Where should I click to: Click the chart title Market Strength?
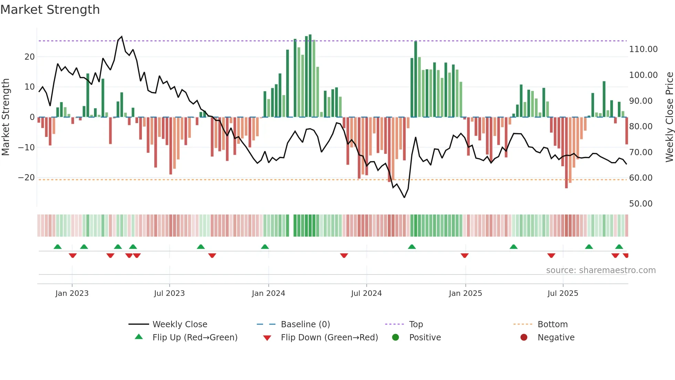(x=50, y=10)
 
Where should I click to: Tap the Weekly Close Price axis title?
(x=669, y=117)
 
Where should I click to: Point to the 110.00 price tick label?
(x=643, y=49)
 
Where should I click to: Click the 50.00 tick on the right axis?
(x=641, y=204)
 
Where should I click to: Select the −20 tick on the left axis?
(x=27, y=178)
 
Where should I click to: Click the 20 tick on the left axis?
(x=30, y=57)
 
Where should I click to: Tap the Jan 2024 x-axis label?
(x=268, y=293)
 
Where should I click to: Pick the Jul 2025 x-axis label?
(x=563, y=293)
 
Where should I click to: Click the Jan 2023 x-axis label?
(x=72, y=293)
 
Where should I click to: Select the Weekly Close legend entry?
(x=179, y=324)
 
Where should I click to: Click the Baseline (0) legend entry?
(x=305, y=324)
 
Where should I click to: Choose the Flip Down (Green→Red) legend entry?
(x=329, y=338)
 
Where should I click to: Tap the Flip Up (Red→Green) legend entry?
(x=195, y=338)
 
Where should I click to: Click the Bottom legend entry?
(x=552, y=324)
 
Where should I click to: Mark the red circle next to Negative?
(x=524, y=338)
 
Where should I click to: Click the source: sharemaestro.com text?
(x=601, y=270)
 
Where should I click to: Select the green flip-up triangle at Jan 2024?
(x=265, y=247)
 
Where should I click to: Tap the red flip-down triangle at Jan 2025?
(x=465, y=256)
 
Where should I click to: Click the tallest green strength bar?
(x=310, y=76)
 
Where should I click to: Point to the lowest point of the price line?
(x=404, y=197)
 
